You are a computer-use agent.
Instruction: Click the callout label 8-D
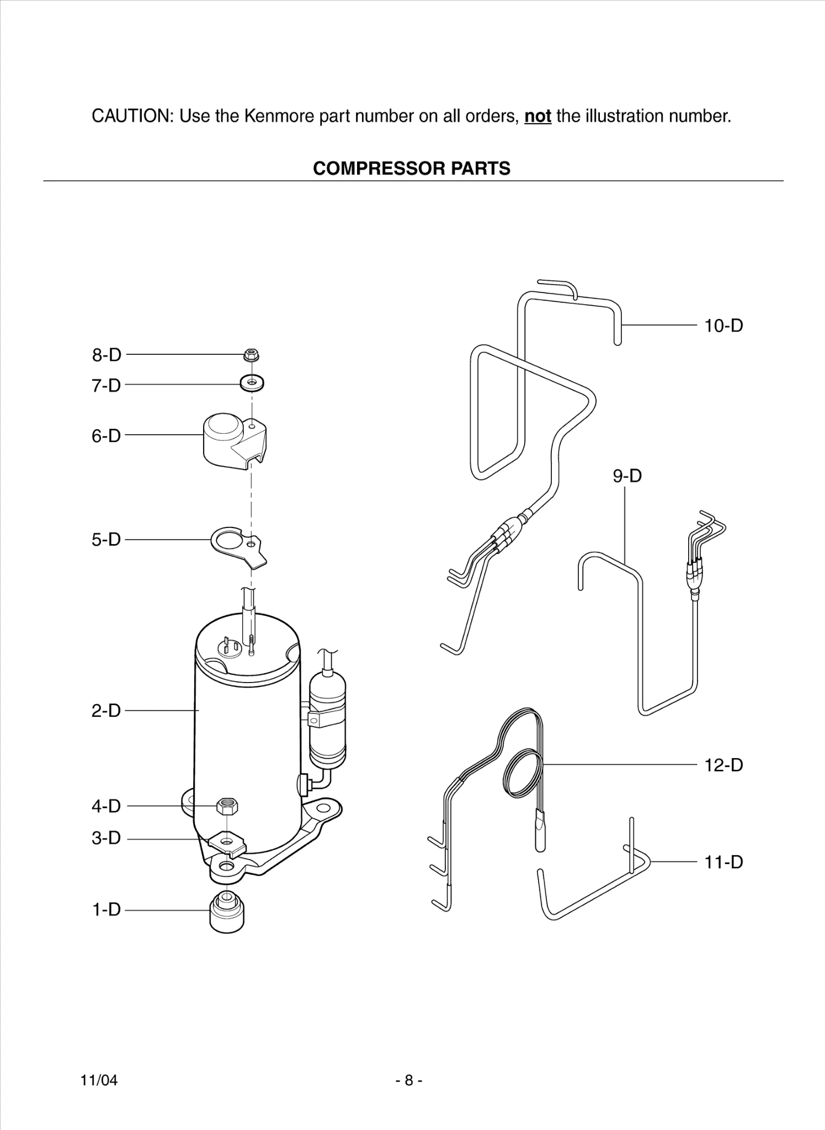(x=107, y=355)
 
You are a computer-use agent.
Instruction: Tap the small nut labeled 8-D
(x=252, y=355)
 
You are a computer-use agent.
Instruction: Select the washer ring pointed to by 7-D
(x=252, y=382)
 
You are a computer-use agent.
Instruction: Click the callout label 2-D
(x=106, y=711)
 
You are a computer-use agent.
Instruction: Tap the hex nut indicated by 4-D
(x=227, y=807)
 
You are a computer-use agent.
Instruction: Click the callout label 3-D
(x=106, y=838)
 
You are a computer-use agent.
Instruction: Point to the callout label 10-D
(x=723, y=326)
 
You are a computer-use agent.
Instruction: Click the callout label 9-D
(x=627, y=476)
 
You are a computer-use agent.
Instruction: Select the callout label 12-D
(x=723, y=765)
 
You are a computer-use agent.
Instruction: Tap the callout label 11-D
(x=723, y=862)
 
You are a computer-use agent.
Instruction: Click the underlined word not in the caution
(x=537, y=116)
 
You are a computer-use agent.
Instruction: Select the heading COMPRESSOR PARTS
(x=412, y=168)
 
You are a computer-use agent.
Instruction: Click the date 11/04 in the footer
(x=99, y=1080)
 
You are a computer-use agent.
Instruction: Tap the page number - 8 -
(x=409, y=1080)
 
